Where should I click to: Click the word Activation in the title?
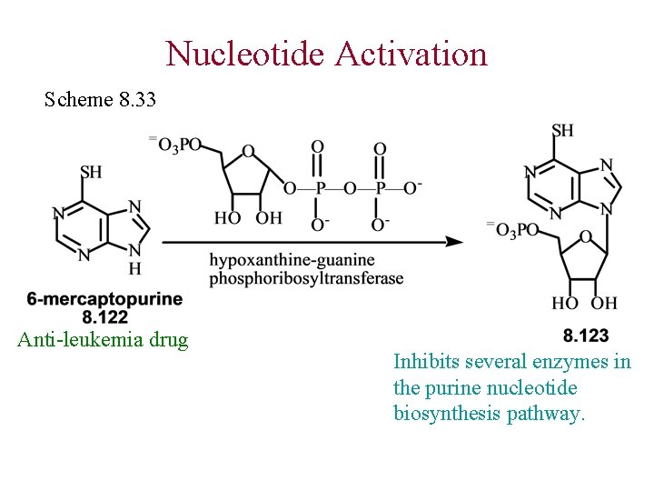click(411, 54)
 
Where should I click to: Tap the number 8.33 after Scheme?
click(137, 98)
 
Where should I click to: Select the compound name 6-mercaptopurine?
click(104, 299)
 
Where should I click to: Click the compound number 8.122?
click(104, 316)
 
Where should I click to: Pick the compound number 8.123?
click(586, 336)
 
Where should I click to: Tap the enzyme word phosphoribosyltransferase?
click(306, 278)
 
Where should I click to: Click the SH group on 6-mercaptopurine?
click(91, 172)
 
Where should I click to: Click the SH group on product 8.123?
click(562, 130)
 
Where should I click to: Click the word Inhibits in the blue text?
click(424, 362)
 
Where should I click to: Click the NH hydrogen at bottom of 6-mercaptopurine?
click(134, 268)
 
